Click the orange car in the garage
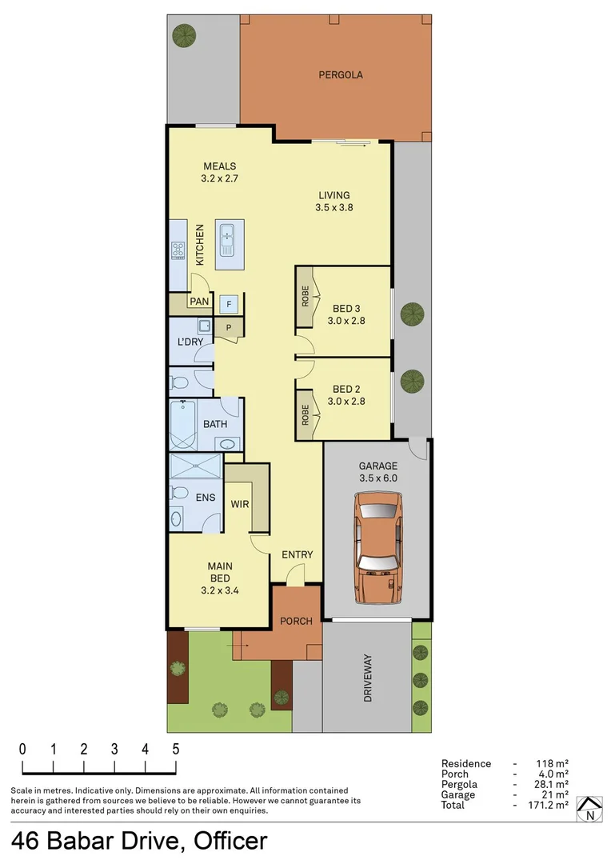(378, 549)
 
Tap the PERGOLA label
(341, 75)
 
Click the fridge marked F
(230, 304)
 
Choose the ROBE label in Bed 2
(305, 413)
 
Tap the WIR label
(240, 505)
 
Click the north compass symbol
(590, 810)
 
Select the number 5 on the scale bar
(175, 750)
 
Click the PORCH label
(296, 622)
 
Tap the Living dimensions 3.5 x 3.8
(334, 206)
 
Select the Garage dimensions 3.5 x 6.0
(378, 478)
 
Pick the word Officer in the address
(227, 842)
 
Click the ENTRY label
(297, 555)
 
